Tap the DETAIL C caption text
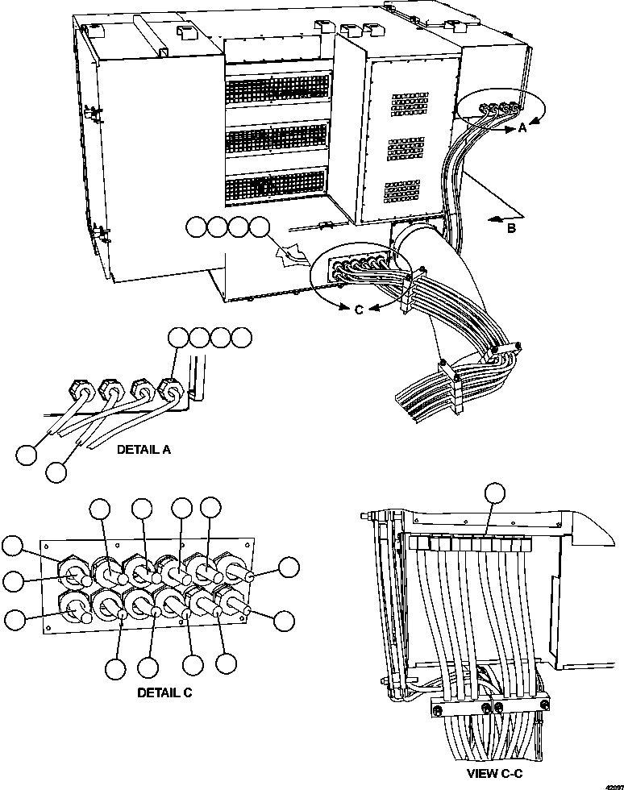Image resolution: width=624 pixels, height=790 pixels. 165,692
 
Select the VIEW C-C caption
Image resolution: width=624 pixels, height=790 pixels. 493,773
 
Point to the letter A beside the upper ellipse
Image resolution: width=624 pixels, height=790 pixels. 522,128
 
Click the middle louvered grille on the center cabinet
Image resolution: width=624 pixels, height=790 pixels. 277,140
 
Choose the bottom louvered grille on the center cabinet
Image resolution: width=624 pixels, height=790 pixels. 277,188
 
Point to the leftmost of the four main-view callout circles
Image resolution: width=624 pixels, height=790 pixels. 196,228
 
